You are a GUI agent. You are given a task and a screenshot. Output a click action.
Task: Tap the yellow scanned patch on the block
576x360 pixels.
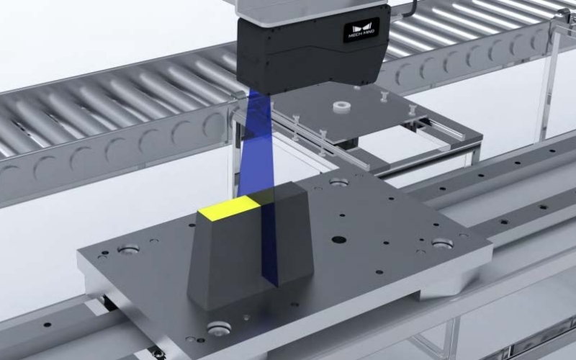pyautogui.click(x=229, y=207)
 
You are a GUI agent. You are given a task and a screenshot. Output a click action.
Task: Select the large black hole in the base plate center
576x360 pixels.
pyautogui.click(x=338, y=239)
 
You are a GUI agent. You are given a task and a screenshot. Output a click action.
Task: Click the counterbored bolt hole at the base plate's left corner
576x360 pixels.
pyautogui.click(x=128, y=249)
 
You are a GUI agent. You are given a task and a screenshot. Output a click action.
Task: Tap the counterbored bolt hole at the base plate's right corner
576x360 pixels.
pyautogui.click(x=442, y=243)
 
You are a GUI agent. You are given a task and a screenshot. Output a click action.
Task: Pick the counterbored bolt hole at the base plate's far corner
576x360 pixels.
pyautogui.click(x=338, y=182)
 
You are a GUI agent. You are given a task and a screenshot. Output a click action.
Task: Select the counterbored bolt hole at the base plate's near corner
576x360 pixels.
pyautogui.click(x=219, y=328)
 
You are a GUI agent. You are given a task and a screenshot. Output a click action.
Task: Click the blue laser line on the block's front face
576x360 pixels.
pyautogui.click(x=271, y=245)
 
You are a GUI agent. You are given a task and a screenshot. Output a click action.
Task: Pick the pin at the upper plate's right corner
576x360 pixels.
pyautogui.click(x=412, y=110)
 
